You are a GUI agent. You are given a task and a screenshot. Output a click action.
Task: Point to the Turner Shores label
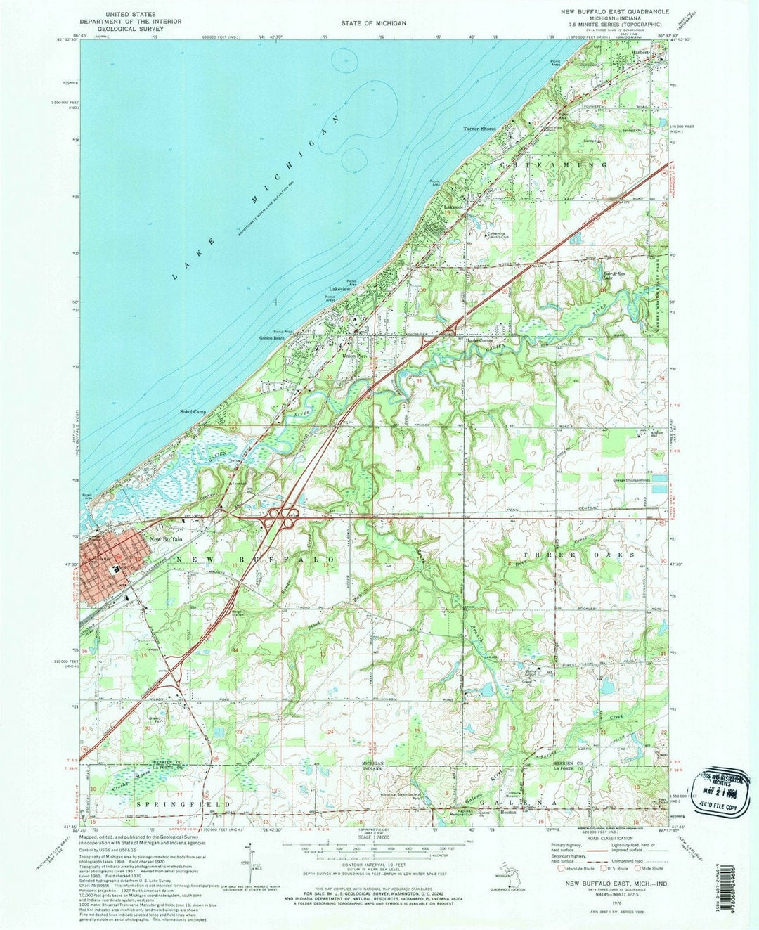tap(479, 129)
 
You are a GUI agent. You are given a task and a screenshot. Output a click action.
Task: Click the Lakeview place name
tap(339, 289)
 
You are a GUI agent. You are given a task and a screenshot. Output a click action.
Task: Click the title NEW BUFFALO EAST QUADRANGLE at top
tap(614, 12)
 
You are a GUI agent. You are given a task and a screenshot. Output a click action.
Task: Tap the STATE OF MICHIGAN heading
tap(374, 23)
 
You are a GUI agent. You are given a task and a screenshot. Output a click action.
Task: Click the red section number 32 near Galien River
tap(511, 379)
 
